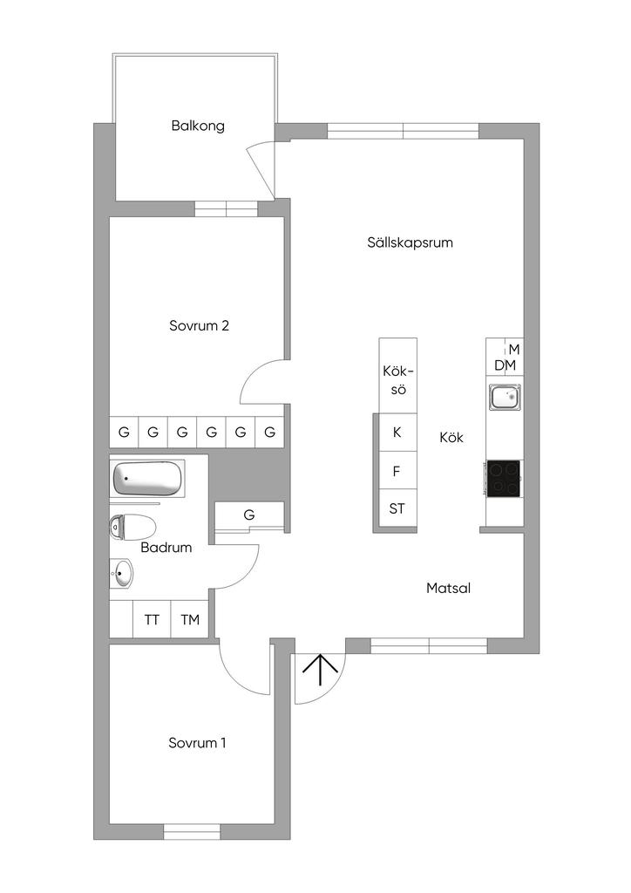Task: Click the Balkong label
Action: (198, 126)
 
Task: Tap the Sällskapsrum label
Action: (410, 242)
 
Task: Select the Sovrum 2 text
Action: (199, 326)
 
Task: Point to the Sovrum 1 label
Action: (198, 743)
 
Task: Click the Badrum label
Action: (166, 548)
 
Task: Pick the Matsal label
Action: (448, 588)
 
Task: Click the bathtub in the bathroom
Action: (148, 479)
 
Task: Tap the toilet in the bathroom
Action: (132, 528)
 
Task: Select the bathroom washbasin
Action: (121, 573)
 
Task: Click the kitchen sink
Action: (505, 397)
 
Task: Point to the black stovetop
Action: (504, 478)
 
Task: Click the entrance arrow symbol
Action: (321, 670)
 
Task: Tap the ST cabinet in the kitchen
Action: (397, 508)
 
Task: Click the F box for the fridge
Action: (397, 470)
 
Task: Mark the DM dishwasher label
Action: (505, 365)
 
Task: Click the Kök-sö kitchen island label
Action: (398, 380)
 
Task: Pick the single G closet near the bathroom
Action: (249, 515)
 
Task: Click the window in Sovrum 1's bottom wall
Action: (192, 831)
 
